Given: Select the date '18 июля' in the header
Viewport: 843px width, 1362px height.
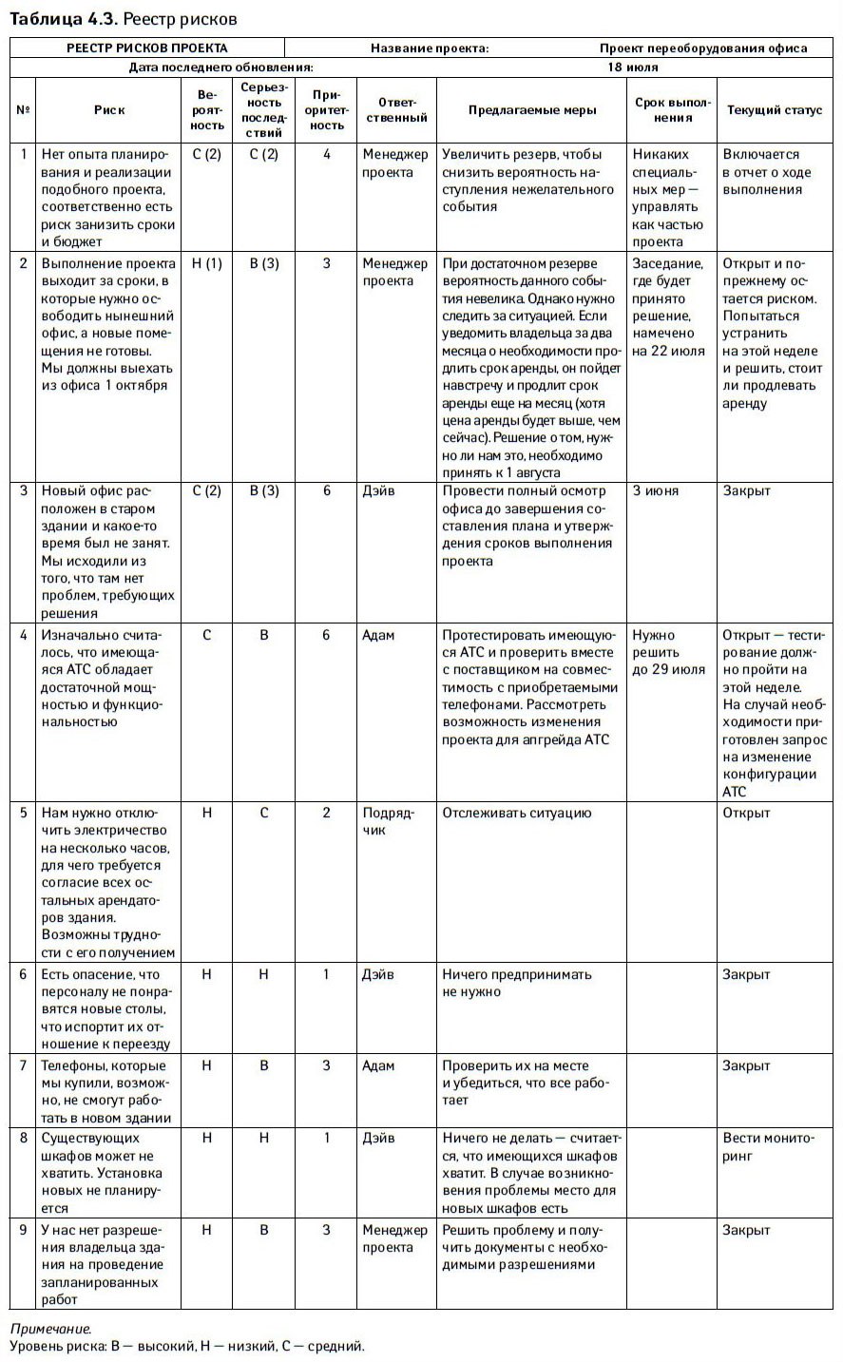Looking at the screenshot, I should (633, 67).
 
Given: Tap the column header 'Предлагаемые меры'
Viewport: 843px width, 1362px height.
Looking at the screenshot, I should (532, 110).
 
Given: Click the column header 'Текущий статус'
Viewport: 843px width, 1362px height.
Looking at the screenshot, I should (775, 110).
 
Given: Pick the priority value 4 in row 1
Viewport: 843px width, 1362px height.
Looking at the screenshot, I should (327, 154).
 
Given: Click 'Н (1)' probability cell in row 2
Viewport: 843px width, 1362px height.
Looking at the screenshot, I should (206, 263).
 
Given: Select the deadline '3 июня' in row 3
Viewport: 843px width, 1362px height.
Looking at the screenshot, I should (656, 491).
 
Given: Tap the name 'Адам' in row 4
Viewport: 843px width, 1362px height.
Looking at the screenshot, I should (378, 635).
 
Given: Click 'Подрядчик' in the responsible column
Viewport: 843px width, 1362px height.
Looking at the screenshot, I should (388, 821).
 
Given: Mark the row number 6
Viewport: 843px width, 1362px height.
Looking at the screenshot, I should (24, 974).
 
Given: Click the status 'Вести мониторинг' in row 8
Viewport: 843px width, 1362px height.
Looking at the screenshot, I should (768, 1146).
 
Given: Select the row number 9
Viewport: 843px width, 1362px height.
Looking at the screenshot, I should (24, 1230).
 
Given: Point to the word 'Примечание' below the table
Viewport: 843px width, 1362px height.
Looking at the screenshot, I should (50, 1329).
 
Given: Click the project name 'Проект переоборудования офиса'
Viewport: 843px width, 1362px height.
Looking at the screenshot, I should (703, 48).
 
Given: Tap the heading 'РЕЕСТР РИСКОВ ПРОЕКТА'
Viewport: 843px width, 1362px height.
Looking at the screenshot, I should (147, 48).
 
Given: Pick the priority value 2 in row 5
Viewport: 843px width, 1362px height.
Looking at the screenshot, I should (327, 813).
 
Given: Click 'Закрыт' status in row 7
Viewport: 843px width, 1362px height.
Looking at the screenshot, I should (746, 1065).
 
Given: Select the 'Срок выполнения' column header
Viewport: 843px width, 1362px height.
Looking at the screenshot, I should (673, 110).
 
